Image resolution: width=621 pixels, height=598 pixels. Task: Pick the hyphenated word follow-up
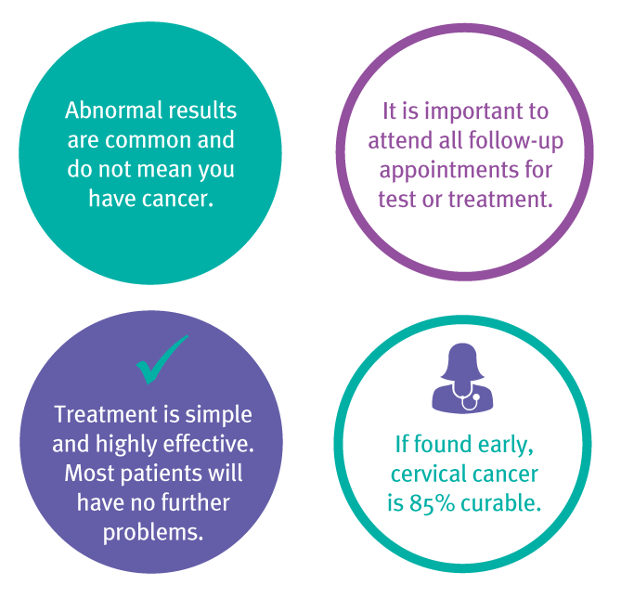[x=516, y=141]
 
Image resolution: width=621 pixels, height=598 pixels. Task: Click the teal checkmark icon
[x=162, y=359]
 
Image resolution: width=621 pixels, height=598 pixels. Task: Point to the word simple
[x=219, y=415]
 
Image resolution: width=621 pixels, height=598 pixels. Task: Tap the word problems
[x=153, y=533]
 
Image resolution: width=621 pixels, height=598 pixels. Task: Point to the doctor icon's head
[x=462, y=361]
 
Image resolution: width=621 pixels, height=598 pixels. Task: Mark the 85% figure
[x=432, y=503]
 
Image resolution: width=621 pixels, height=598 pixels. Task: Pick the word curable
[x=501, y=503]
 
